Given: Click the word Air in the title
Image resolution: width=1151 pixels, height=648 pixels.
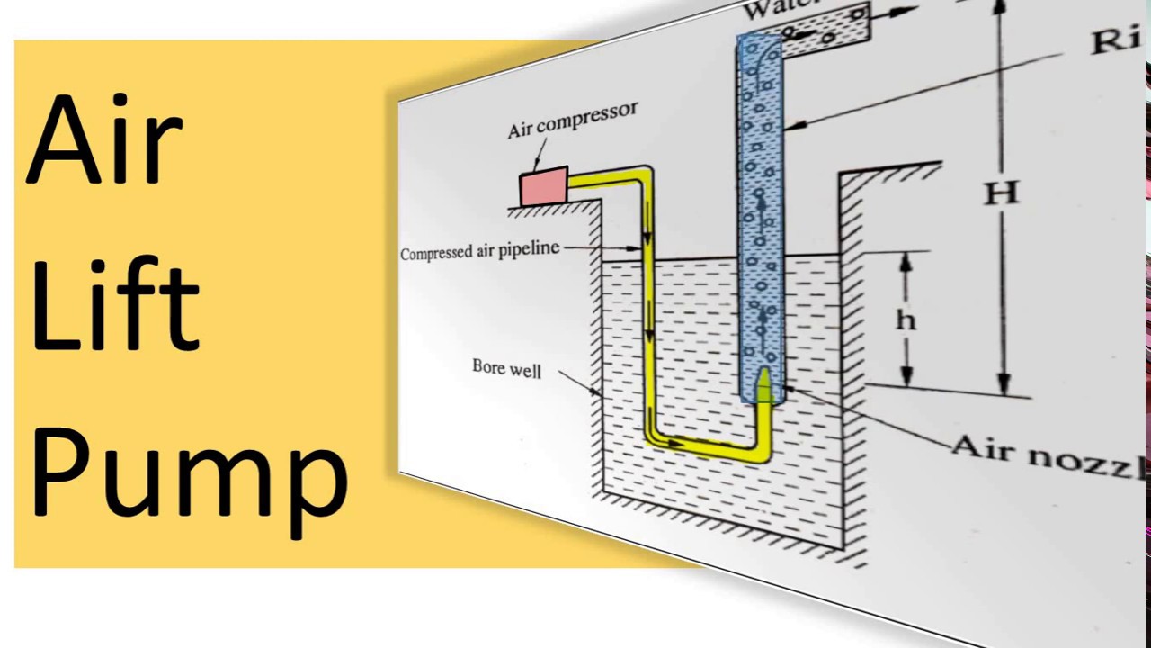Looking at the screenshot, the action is [x=106, y=139].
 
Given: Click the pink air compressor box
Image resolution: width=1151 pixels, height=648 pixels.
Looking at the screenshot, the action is [x=543, y=187].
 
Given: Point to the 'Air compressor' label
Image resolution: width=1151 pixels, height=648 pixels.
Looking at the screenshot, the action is [x=573, y=120].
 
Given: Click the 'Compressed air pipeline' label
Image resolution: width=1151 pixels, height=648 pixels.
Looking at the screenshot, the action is [x=479, y=252].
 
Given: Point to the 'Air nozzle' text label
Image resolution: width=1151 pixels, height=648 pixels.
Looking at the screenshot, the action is [x=1048, y=455].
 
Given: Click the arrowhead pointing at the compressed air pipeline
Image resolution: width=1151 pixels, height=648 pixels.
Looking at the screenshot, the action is [x=636, y=248].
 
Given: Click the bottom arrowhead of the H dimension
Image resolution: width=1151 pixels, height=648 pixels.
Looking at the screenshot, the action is [x=1004, y=387].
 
